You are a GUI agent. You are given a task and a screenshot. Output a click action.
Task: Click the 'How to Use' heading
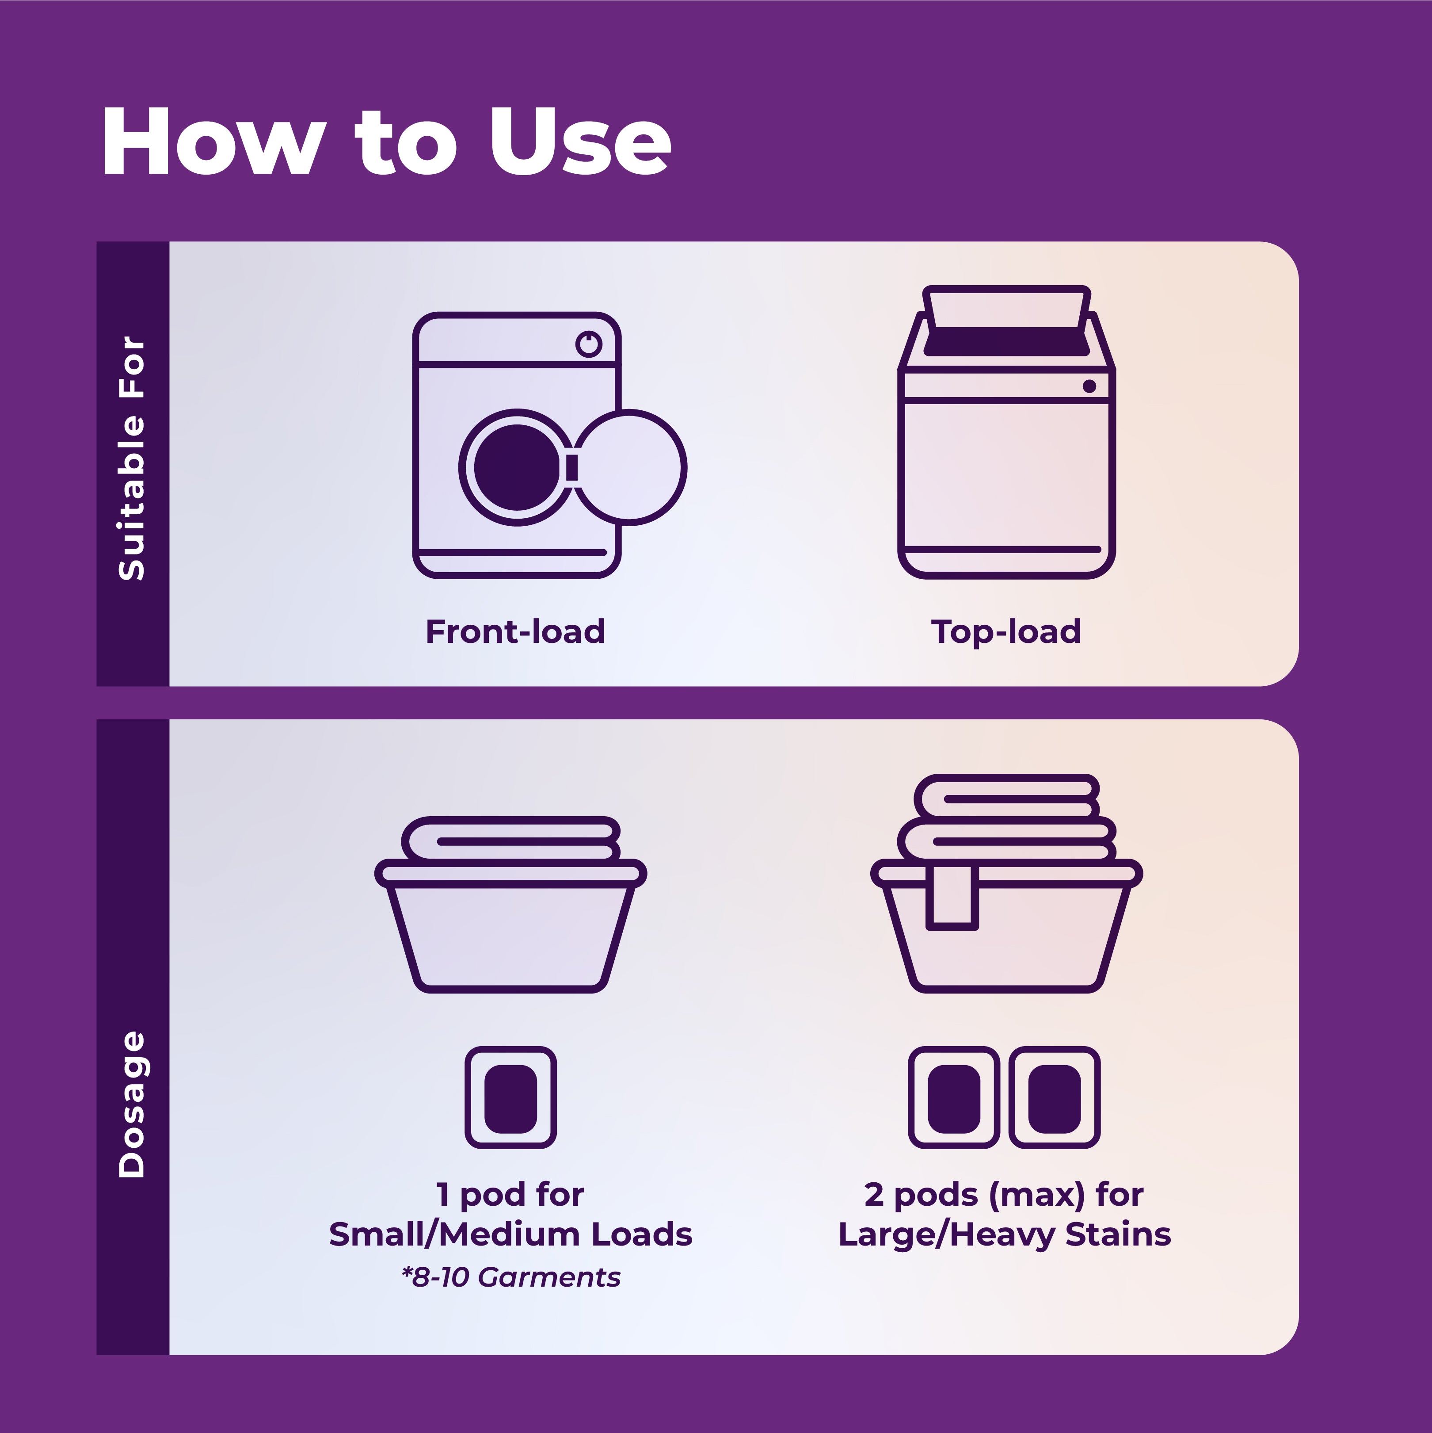tap(386, 141)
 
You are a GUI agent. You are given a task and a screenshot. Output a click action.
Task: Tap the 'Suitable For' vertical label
tap(132, 458)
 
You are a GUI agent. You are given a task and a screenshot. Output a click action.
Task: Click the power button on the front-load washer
tap(589, 344)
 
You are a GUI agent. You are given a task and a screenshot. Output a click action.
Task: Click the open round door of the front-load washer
tap(630, 467)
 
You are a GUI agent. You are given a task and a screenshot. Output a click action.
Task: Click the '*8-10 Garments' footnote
tap(511, 1277)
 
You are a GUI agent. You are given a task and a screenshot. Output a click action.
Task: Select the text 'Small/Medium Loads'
tap(511, 1234)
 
